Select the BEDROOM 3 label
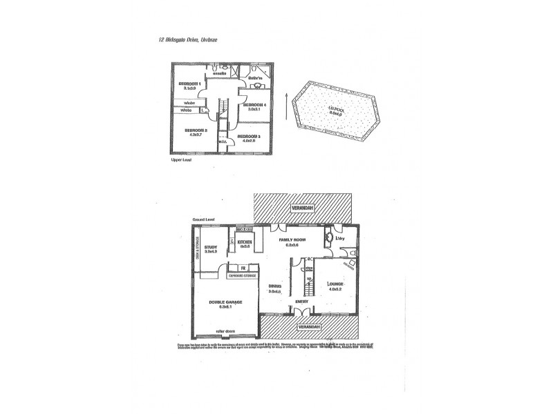pos(249,137)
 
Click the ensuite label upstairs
pos(221,73)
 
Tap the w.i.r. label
pos(223,142)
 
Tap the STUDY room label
pos(211,246)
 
